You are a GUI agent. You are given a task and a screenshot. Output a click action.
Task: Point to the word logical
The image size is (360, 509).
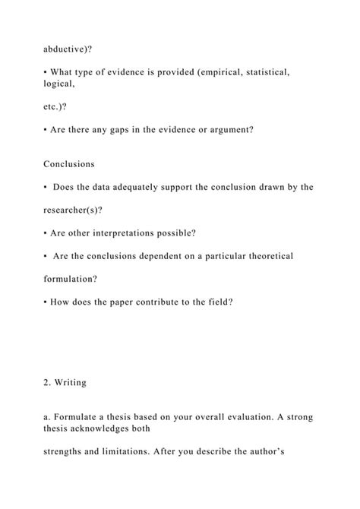click(61, 84)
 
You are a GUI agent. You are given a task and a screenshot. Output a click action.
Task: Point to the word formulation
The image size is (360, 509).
click(74, 279)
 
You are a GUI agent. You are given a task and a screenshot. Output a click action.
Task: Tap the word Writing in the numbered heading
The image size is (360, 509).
click(70, 383)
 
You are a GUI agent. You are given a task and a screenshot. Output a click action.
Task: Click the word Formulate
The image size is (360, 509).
click(75, 417)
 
